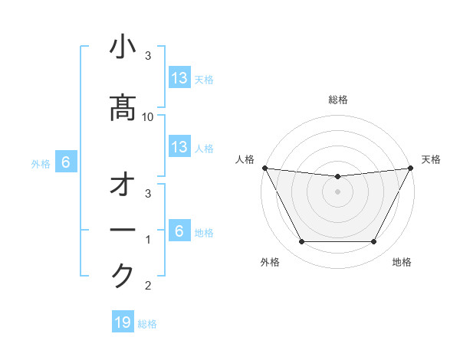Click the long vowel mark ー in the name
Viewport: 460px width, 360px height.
pyautogui.click(x=123, y=231)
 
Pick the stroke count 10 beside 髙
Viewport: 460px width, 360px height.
pyautogui.click(x=148, y=116)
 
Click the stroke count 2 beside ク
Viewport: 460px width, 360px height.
pyautogui.click(x=148, y=286)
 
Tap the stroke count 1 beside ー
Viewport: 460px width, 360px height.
pyautogui.click(x=148, y=240)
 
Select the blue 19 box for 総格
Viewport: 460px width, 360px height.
pyautogui.click(x=122, y=322)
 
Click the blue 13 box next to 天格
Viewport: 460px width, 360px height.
pyautogui.click(x=179, y=77)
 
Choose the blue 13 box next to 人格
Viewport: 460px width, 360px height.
pyautogui.click(x=179, y=147)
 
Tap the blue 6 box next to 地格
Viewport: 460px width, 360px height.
pyautogui.click(x=179, y=231)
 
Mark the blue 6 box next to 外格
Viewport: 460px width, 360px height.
pyautogui.click(x=66, y=162)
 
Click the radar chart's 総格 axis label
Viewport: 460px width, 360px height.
pyautogui.click(x=337, y=100)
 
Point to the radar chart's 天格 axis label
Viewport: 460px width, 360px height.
pyautogui.click(x=431, y=159)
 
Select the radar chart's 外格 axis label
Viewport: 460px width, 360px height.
pyautogui.click(x=270, y=263)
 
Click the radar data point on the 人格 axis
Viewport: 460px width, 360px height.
pyautogui.click(x=264, y=168)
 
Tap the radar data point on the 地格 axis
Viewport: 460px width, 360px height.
pyautogui.click(x=374, y=242)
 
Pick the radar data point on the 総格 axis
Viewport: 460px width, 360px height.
pyautogui.click(x=337, y=177)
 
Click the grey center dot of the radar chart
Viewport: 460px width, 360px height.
pyautogui.click(x=337, y=191)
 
